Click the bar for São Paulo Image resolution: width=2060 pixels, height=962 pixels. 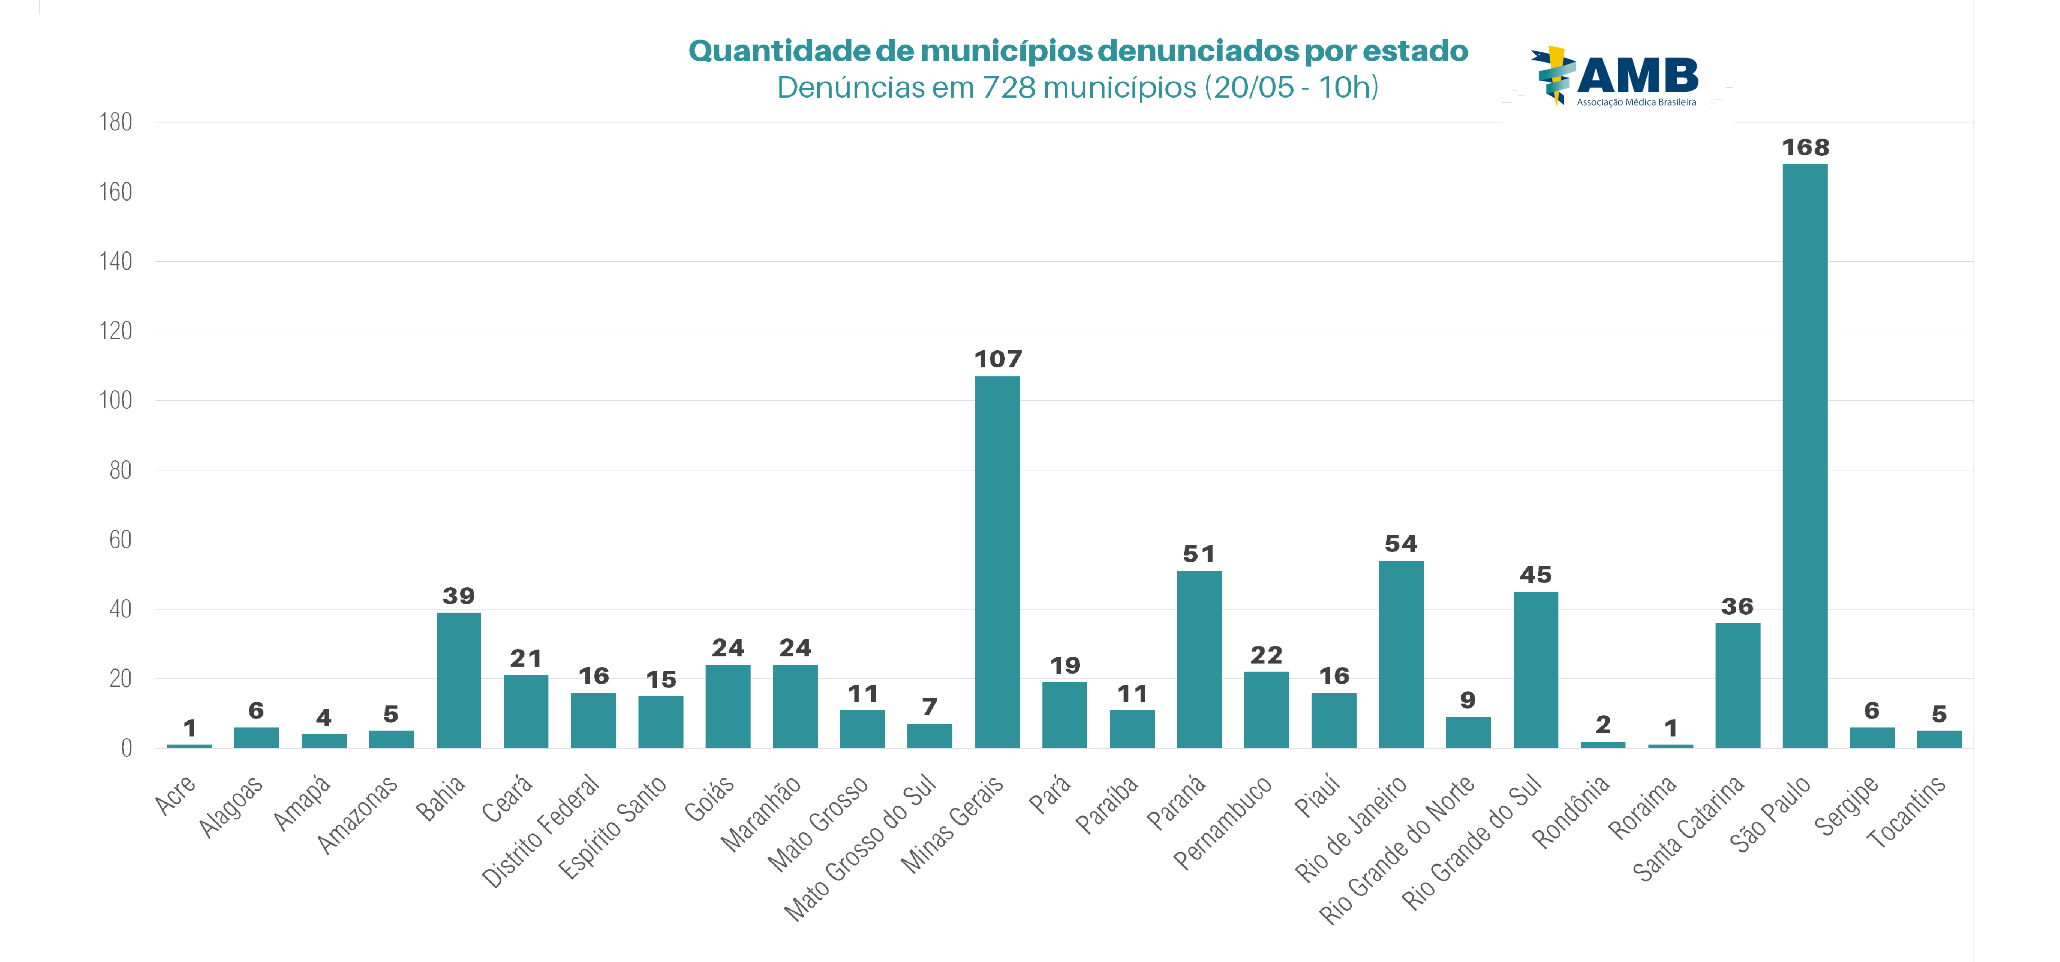point(1804,456)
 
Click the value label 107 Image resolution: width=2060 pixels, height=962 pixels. point(997,360)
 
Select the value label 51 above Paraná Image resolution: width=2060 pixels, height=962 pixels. point(1199,554)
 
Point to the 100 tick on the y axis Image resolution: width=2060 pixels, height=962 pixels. point(115,401)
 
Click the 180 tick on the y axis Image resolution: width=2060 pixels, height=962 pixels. point(115,122)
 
